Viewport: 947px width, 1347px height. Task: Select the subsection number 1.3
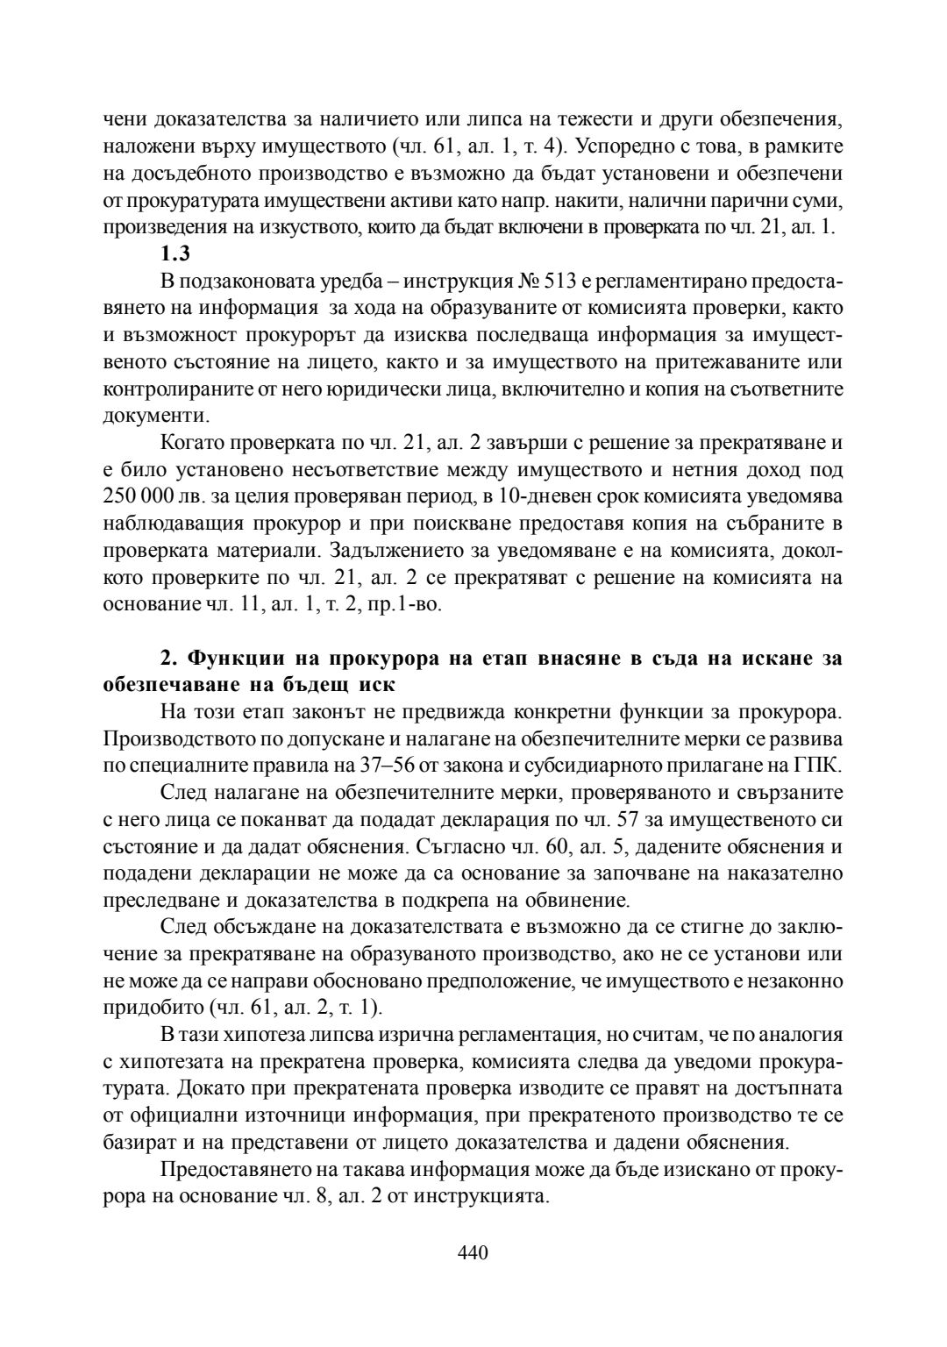point(175,254)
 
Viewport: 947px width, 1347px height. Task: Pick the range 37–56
point(387,765)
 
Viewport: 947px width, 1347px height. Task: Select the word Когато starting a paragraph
point(199,442)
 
